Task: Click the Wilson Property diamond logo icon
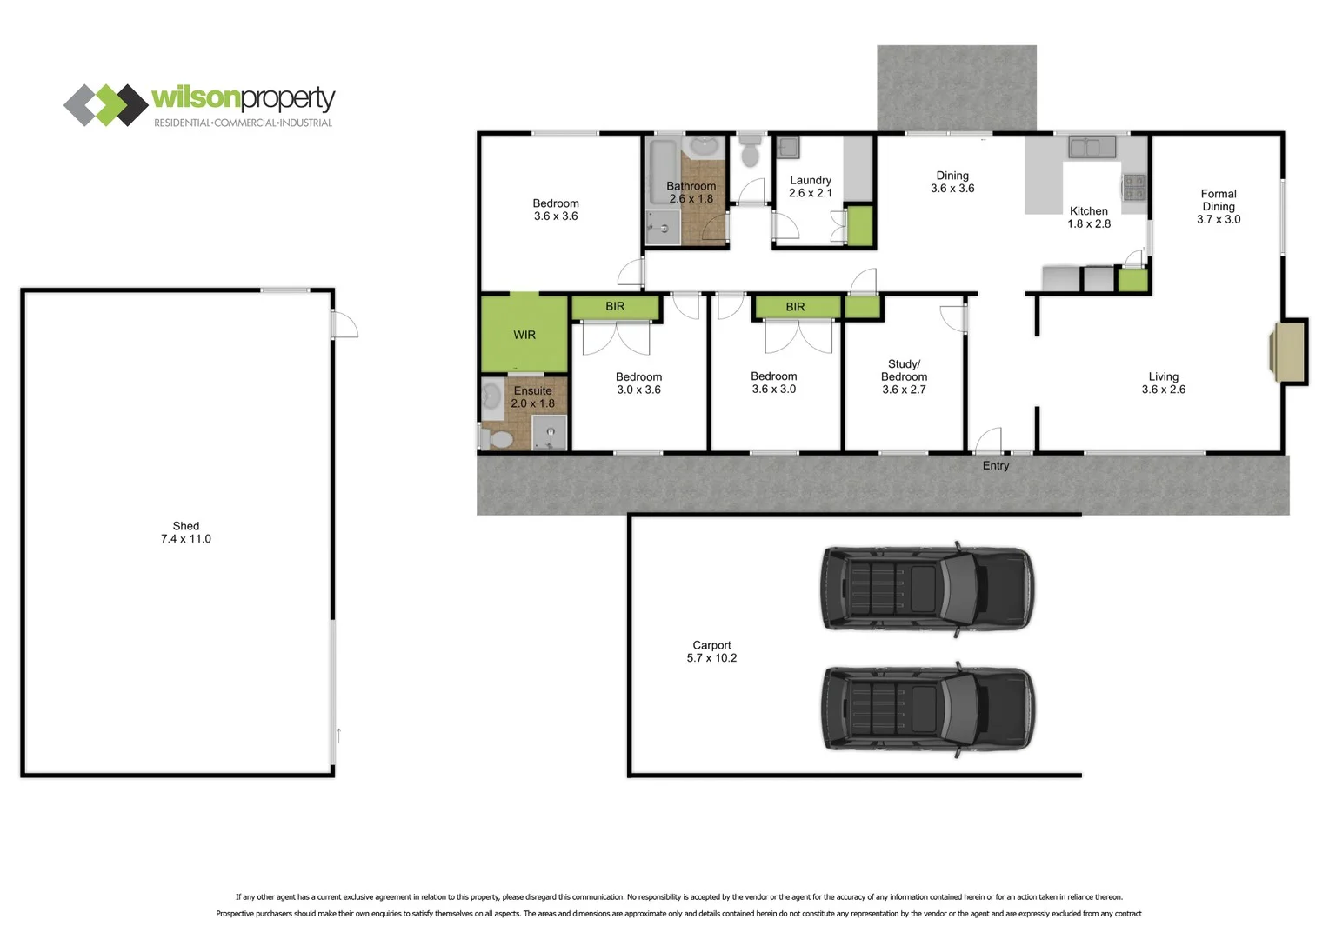pyautogui.click(x=105, y=105)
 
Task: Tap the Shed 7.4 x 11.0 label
pyautogui.click(x=185, y=532)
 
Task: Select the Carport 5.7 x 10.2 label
pyautogui.click(x=711, y=651)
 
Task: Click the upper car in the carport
pyautogui.click(x=928, y=589)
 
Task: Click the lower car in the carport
pyautogui.click(x=928, y=709)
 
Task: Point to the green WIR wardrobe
pyautogui.click(x=524, y=335)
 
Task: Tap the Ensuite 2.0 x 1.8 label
pyautogui.click(x=532, y=397)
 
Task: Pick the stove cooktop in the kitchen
pyautogui.click(x=1133, y=188)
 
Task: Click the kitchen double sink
pyautogui.click(x=1092, y=147)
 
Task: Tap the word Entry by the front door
pyautogui.click(x=996, y=466)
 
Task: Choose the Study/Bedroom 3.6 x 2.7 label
pyautogui.click(x=904, y=376)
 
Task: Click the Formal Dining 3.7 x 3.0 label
pyautogui.click(x=1218, y=207)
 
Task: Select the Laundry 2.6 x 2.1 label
pyautogui.click(x=810, y=187)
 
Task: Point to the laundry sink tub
pyautogui.click(x=788, y=147)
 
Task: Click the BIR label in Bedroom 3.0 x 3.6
pyautogui.click(x=615, y=307)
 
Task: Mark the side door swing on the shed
pyautogui.click(x=345, y=325)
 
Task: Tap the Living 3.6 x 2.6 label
pyautogui.click(x=1163, y=383)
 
